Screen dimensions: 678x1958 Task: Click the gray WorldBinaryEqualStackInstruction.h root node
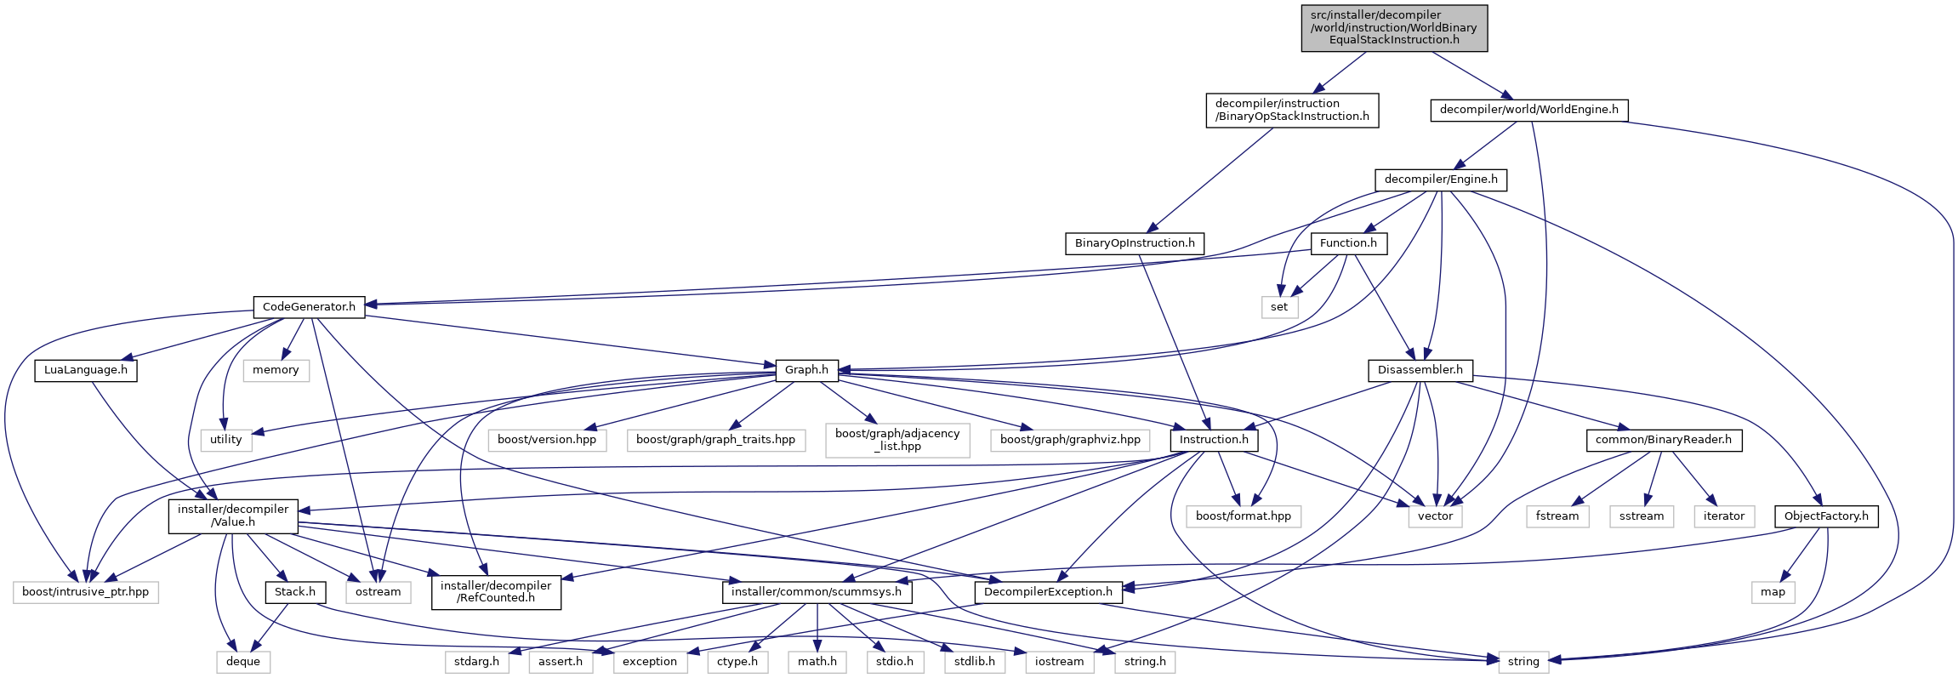point(1393,28)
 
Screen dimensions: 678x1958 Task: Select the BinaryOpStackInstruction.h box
point(1291,110)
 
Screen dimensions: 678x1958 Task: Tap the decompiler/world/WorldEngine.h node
point(1528,110)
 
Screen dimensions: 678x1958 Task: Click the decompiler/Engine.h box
point(1440,179)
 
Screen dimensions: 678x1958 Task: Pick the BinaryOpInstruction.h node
point(1134,243)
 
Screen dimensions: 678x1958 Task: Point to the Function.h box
point(1348,243)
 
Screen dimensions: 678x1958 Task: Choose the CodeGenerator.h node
point(309,307)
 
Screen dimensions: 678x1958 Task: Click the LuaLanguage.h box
point(85,370)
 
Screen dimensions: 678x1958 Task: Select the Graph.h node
point(806,370)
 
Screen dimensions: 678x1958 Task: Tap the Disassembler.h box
point(1420,370)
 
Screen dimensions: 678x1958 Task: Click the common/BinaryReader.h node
point(1663,440)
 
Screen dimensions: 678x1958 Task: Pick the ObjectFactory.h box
point(1825,516)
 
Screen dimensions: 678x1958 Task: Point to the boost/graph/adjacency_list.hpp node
point(897,440)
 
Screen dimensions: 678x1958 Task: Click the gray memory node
point(275,370)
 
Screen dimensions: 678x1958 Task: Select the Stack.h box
point(294,592)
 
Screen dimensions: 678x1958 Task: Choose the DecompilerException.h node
point(1047,592)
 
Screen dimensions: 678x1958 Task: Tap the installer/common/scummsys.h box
point(817,592)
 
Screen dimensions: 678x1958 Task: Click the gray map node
point(1773,592)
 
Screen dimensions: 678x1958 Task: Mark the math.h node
point(817,662)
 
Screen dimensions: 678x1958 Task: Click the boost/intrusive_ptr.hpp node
point(85,592)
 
